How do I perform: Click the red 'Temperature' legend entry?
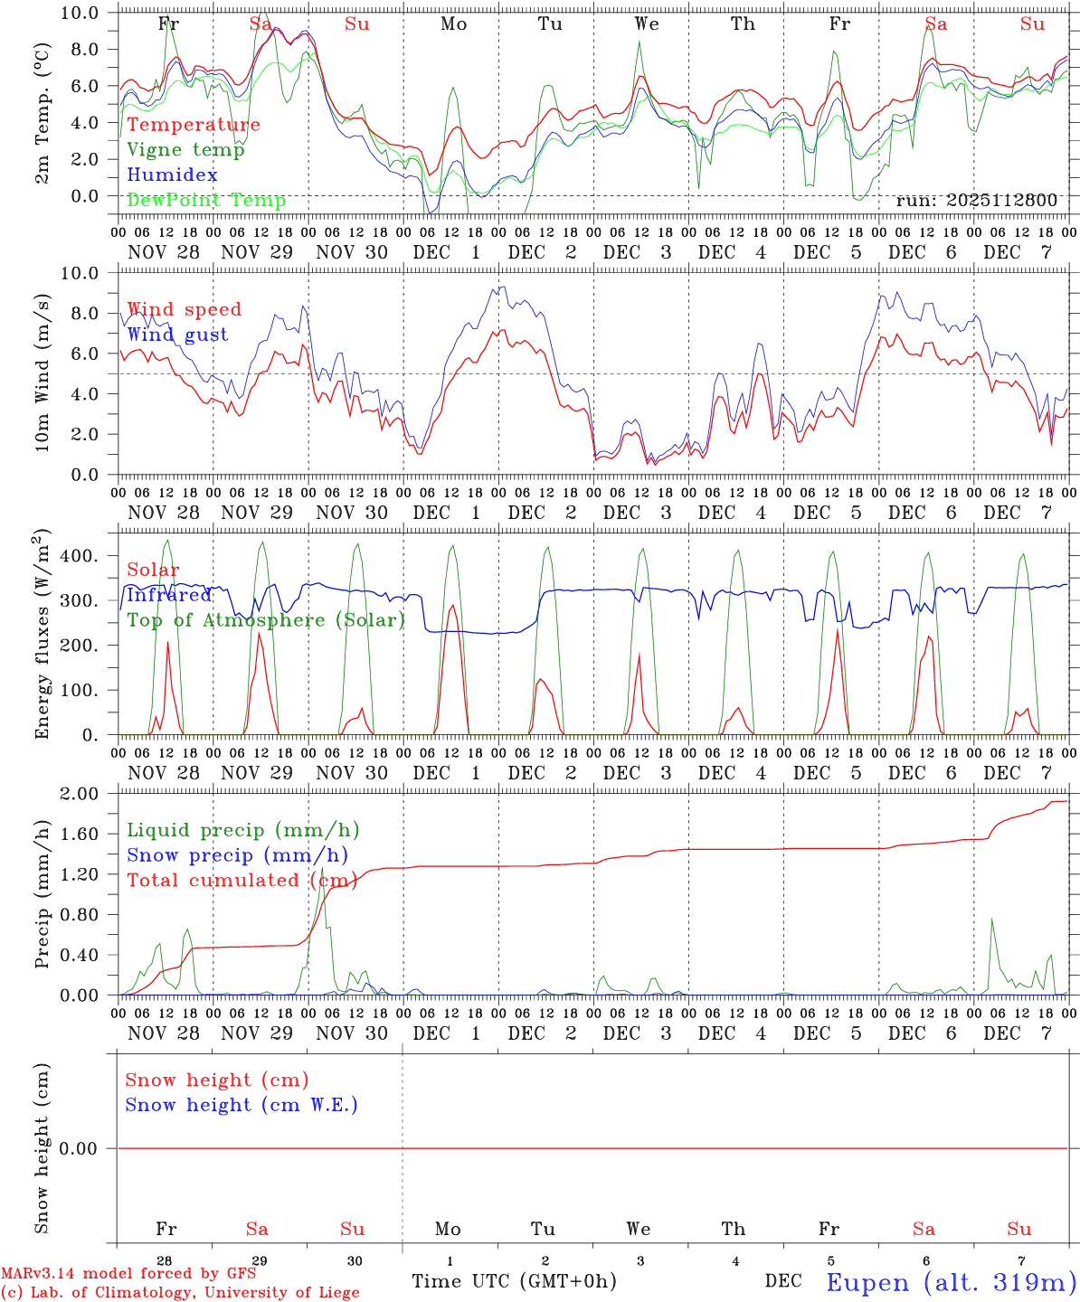(194, 125)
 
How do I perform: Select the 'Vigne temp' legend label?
(185, 150)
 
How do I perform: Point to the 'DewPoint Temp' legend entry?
(206, 201)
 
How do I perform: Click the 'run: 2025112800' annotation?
(976, 201)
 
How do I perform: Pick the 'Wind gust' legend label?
(177, 335)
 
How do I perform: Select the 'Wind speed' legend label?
(184, 309)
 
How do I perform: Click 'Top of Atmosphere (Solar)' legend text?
(266, 620)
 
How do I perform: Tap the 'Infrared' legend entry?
(169, 595)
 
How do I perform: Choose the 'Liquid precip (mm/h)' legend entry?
(242, 830)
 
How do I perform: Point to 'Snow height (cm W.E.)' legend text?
(242, 1105)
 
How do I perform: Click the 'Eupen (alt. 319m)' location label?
(951, 1282)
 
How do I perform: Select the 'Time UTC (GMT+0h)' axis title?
(514, 1281)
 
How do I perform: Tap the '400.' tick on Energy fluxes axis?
(80, 556)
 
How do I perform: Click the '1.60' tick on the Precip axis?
(78, 835)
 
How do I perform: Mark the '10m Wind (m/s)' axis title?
(43, 373)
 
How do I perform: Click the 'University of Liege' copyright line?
(181, 1293)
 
